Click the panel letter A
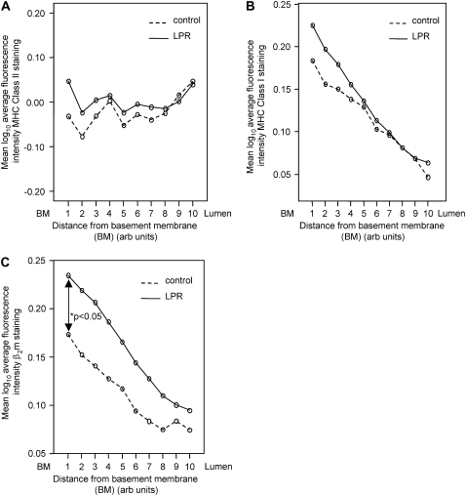tap(7, 8)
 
